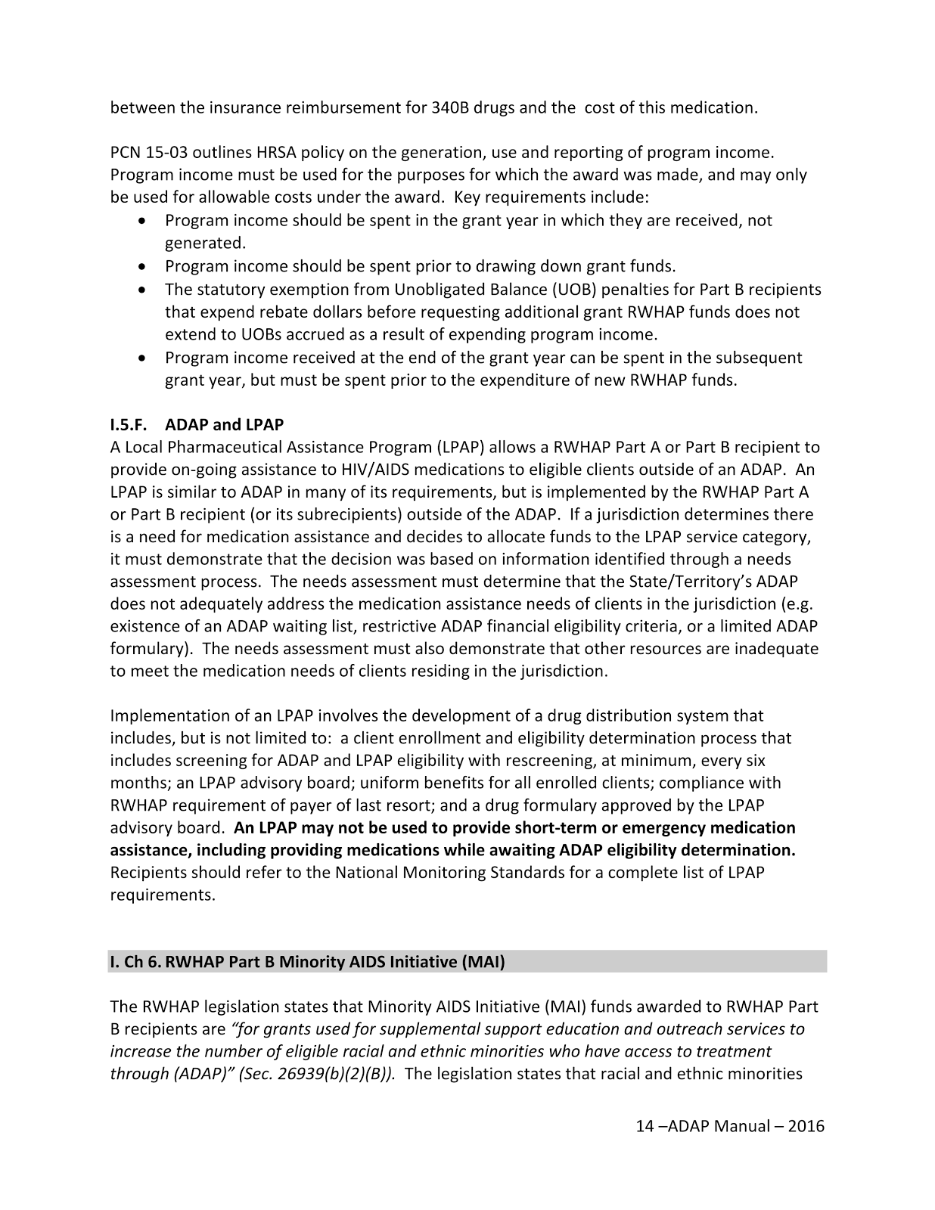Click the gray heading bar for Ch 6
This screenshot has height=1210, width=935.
pos(467,962)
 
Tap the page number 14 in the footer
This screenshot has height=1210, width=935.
pos(644,1126)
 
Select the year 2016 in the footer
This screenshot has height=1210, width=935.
pos(806,1126)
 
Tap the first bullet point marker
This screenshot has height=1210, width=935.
pos(143,221)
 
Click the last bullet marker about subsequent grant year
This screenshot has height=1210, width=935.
pos(143,358)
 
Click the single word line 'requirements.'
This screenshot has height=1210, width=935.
pos(163,895)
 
